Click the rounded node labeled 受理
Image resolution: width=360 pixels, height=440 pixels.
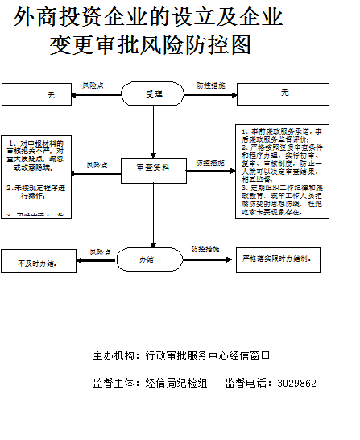point(154,94)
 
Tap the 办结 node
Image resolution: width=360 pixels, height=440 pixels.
point(147,259)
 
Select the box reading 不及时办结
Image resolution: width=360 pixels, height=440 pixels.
point(37,263)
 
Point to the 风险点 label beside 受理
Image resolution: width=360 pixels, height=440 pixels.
point(94,85)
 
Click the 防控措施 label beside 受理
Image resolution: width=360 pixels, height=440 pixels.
point(210,85)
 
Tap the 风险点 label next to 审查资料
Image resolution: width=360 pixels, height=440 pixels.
point(98,164)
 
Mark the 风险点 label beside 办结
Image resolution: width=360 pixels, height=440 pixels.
point(100,251)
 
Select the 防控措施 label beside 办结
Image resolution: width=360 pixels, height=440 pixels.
point(206,250)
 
